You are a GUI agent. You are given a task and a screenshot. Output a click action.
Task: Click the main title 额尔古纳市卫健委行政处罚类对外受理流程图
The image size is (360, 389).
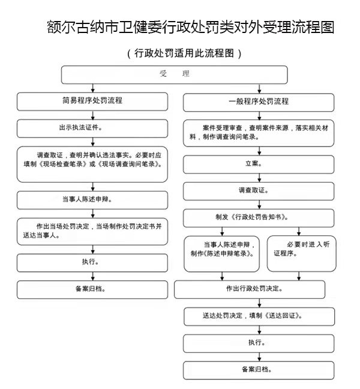[x=190, y=27]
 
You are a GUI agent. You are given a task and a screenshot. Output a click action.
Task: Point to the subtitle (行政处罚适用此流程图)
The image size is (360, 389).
[x=184, y=53]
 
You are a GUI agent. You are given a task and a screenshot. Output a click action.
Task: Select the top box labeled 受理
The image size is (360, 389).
[x=174, y=74]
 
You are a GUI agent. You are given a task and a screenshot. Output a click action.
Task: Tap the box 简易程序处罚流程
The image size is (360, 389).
[x=92, y=101]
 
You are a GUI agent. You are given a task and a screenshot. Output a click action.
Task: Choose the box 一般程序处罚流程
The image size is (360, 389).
[x=259, y=103]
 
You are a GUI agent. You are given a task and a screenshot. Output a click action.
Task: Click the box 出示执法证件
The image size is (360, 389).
[x=92, y=128]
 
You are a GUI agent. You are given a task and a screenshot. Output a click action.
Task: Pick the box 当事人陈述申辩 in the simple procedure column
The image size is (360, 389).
[x=92, y=201]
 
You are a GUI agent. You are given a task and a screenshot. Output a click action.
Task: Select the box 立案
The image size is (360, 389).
[x=259, y=164]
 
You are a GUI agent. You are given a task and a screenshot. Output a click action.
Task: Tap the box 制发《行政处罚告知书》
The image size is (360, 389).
[x=259, y=218]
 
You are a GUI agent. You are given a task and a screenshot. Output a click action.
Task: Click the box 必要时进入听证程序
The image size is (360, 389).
[x=301, y=253]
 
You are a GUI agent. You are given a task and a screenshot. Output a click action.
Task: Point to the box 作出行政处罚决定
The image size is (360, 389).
[x=250, y=289]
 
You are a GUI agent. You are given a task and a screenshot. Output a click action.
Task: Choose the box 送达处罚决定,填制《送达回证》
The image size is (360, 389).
[x=259, y=316]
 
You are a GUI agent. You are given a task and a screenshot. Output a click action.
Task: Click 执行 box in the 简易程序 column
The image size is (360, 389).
[x=92, y=263]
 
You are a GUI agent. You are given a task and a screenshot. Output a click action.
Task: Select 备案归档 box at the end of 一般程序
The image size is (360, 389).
[x=259, y=370]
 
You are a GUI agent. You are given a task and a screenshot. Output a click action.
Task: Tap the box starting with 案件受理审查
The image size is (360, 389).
[x=259, y=133]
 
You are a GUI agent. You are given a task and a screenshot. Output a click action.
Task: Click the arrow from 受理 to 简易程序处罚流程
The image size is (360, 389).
[x=93, y=88]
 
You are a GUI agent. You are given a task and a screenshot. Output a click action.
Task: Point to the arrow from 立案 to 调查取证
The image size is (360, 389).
[x=259, y=178]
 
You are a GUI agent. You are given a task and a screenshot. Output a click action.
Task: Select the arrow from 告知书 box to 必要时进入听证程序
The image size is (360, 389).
[x=299, y=232]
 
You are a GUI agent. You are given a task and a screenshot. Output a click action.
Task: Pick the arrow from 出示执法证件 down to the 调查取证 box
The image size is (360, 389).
[x=93, y=142]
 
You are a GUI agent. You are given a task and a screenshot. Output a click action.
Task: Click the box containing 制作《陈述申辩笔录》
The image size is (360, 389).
[x=221, y=253]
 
